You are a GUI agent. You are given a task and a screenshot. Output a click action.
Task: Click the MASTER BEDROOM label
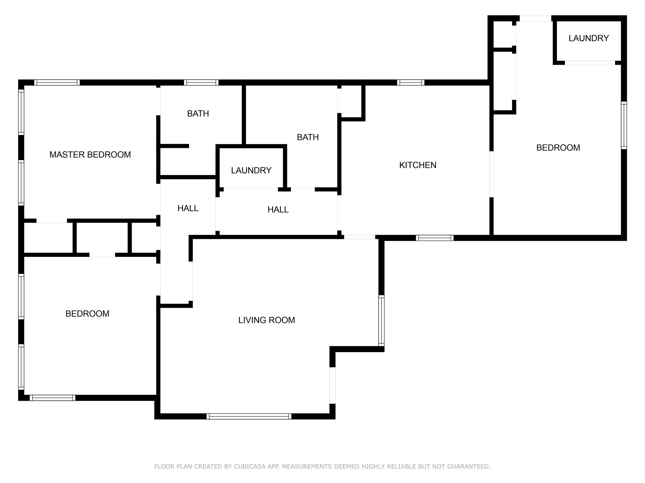pyautogui.click(x=90, y=155)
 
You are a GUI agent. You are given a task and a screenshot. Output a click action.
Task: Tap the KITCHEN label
pyautogui.click(x=418, y=165)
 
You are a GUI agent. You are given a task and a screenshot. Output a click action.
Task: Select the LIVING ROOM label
pyautogui.click(x=266, y=320)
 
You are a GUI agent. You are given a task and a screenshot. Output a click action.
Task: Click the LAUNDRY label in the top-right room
pyautogui.click(x=589, y=38)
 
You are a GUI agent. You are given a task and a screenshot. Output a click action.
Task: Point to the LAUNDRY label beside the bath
pyautogui.click(x=251, y=170)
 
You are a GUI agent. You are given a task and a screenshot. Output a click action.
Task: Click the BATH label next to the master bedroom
pyautogui.click(x=198, y=114)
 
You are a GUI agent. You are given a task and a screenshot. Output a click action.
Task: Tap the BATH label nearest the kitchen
pyautogui.click(x=308, y=137)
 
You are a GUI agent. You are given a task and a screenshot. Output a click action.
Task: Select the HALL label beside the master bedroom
pyautogui.click(x=188, y=208)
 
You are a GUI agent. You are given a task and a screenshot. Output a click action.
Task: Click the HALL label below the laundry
pyautogui.click(x=278, y=209)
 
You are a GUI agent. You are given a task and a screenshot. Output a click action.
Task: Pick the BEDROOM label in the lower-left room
pyautogui.click(x=87, y=314)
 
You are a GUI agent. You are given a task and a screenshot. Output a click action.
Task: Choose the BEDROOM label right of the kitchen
pyautogui.click(x=558, y=148)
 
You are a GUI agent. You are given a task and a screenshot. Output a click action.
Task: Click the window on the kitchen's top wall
pyautogui.click(x=411, y=83)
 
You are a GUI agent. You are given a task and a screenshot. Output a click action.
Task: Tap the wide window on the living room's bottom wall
pyautogui.click(x=249, y=416)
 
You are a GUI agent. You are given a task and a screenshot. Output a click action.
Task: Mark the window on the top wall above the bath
pyautogui.click(x=201, y=83)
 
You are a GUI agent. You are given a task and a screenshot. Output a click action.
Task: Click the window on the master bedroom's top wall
pyautogui.click(x=57, y=83)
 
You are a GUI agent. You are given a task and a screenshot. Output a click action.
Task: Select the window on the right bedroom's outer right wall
pyautogui.click(x=624, y=125)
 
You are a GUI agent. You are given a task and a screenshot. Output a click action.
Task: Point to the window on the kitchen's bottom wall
pyautogui.click(x=435, y=238)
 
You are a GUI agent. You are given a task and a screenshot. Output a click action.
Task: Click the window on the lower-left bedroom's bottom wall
pyautogui.click(x=53, y=398)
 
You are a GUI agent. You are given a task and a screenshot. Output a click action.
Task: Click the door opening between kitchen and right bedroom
pyautogui.click(x=491, y=175)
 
